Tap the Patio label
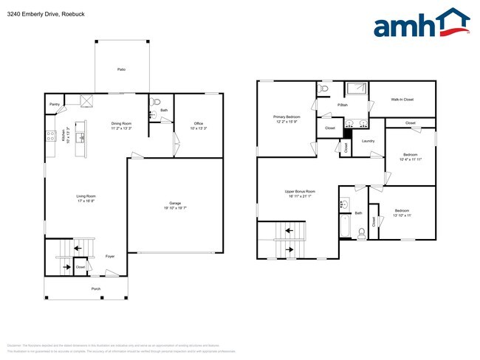(121, 69)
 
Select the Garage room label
(175, 203)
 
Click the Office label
(199, 123)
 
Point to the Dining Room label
(121, 123)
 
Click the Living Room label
(86, 196)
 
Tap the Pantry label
(55, 105)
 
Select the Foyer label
(110, 257)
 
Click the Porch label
(96, 288)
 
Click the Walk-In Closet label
(402, 99)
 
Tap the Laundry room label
(368, 140)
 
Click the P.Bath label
(343, 105)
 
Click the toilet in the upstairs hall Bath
(361, 233)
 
